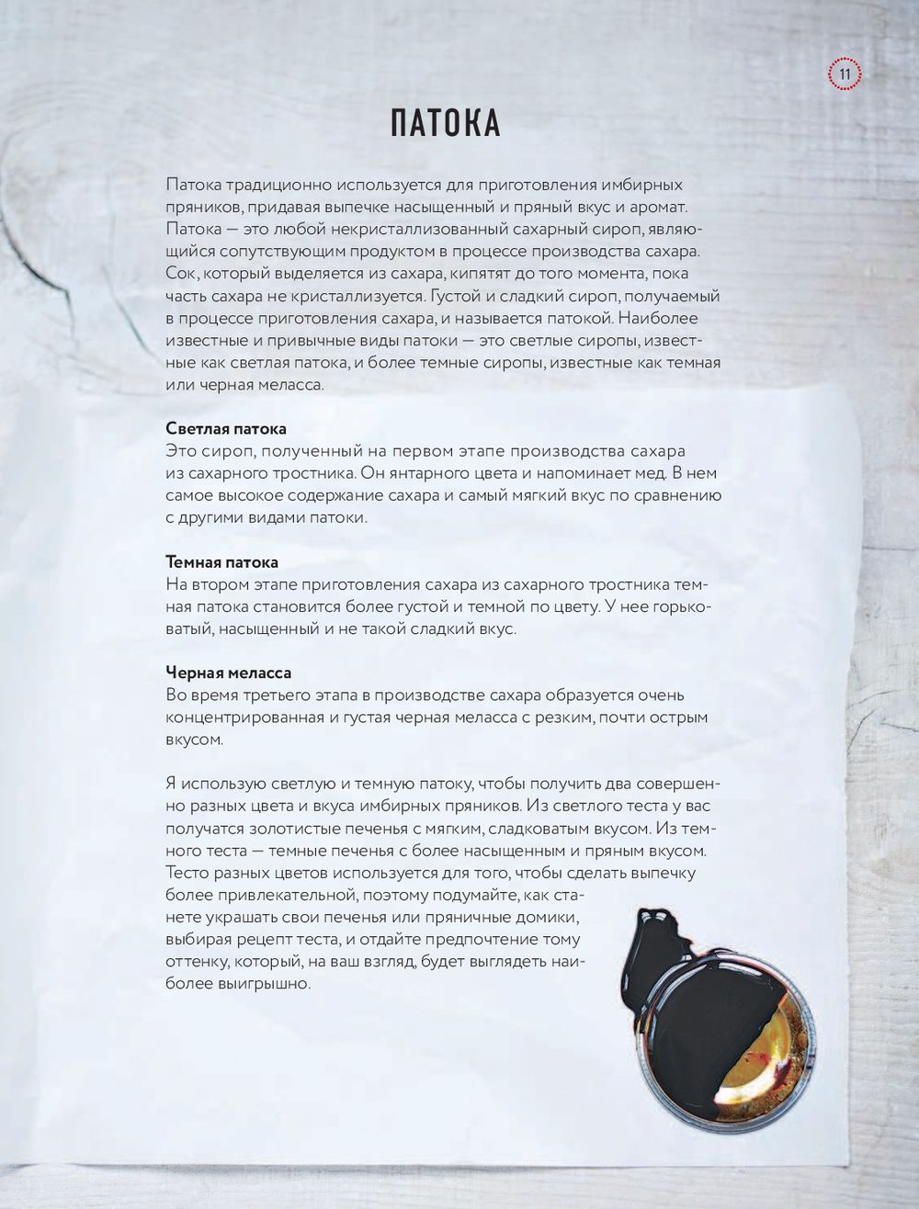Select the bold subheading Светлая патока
pyautogui.click(x=226, y=429)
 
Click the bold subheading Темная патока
pyautogui.click(x=221, y=562)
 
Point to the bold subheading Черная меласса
pyautogui.click(x=228, y=672)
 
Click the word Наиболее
pyautogui.click(x=662, y=318)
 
